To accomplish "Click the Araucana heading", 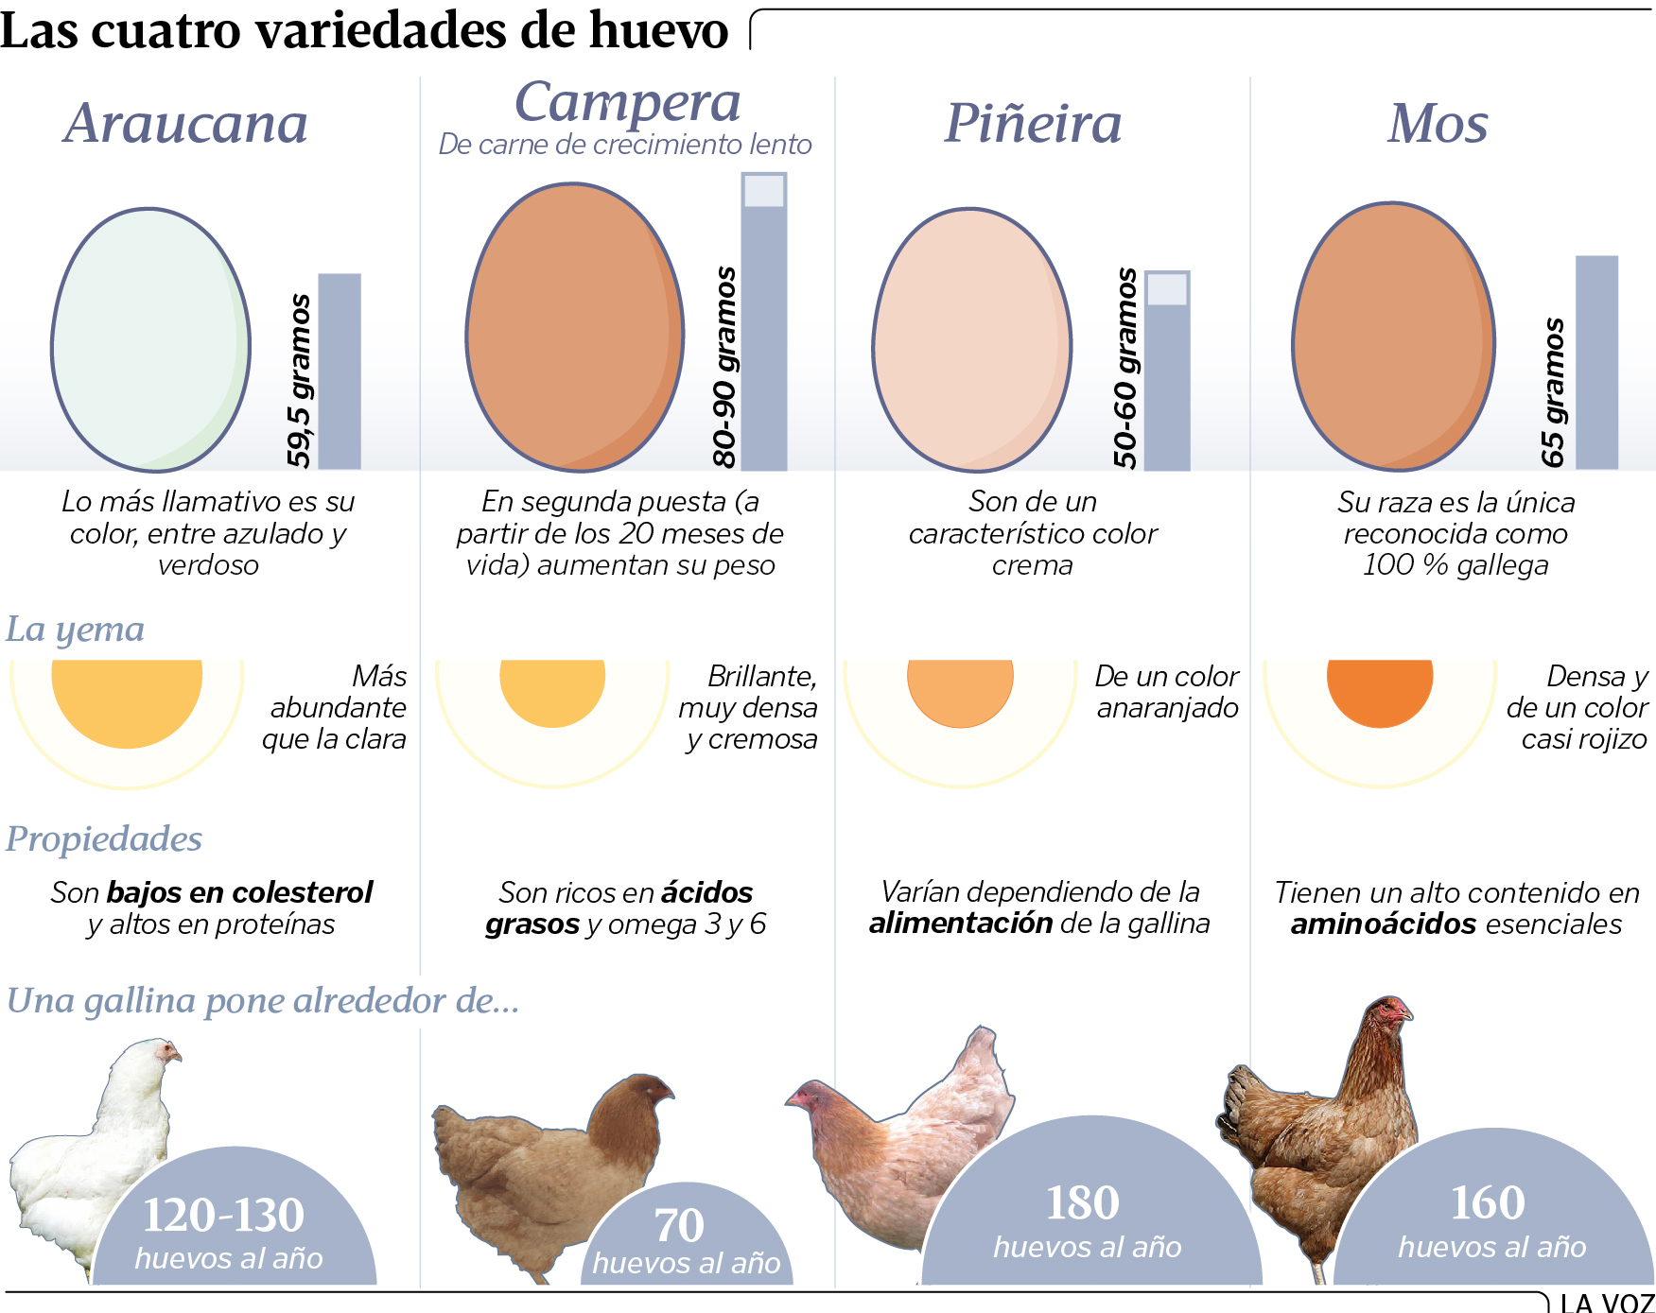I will [x=185, y=124].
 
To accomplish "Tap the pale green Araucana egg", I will [x=150, y=340].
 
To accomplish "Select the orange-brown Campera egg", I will [x=574, y=327].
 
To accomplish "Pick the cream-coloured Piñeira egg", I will [x=971, y=340].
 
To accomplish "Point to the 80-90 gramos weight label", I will [x=724, y=367].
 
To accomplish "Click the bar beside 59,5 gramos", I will [x=340, y=371].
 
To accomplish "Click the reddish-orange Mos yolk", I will [x=1380, y=690].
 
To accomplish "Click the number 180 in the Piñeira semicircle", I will [x=1082, y=1203].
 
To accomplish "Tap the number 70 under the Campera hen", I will [x=679, y=1226].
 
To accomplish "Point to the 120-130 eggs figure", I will [x=223, y=1216].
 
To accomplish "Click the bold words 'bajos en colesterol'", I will [x=239, y=892].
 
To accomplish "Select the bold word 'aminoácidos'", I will [x=1383, y=924].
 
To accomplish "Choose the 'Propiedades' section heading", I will [x=104, y=839].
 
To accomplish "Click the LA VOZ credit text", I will [x=1606, y=1304].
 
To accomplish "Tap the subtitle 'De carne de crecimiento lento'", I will [x=625, y=145].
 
